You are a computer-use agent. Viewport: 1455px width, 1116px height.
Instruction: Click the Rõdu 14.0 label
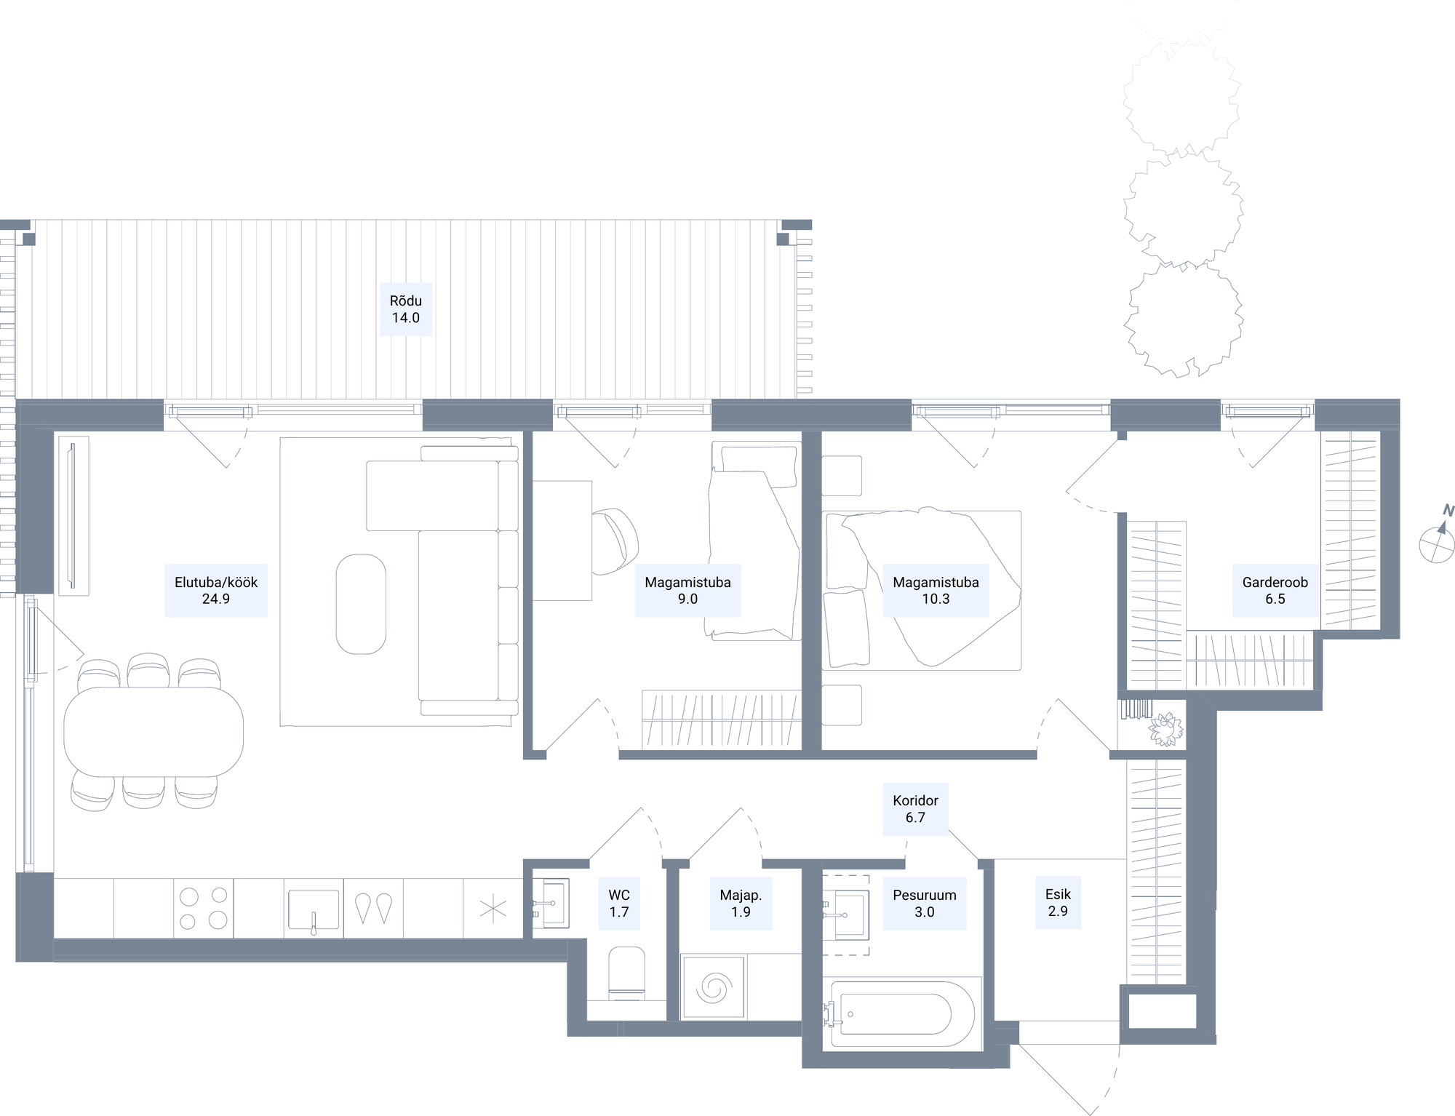point(406,309)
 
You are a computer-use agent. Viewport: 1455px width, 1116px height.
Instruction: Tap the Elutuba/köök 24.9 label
point(216,591)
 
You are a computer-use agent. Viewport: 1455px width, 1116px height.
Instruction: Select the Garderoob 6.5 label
point(1275,591)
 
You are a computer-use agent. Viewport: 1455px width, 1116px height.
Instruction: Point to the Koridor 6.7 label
point(915,809)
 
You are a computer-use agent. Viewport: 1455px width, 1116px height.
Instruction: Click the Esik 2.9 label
point(1058,903)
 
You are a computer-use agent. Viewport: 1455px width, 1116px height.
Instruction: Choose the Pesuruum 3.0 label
point(925,904)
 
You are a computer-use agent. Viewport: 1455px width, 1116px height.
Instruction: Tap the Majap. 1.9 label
point(741,904)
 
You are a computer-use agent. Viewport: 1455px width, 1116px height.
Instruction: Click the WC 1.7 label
point(619,904)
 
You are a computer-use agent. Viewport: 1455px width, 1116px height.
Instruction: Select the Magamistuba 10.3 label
point(936,591)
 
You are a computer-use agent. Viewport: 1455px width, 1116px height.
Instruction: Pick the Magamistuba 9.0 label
point(687,591)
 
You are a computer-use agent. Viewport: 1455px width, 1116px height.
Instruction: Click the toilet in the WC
point(626,973)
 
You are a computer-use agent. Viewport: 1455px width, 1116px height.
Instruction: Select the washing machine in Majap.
point(713,987)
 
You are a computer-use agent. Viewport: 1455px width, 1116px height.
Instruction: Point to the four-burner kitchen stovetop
point(203,908)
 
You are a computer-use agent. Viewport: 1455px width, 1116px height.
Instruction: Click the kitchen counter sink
point(314,910)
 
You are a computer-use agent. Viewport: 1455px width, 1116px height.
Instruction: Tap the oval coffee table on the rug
point(361,605)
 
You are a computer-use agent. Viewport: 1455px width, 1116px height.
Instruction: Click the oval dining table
point(154,732)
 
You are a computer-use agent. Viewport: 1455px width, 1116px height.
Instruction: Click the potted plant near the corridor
point(1165,728)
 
